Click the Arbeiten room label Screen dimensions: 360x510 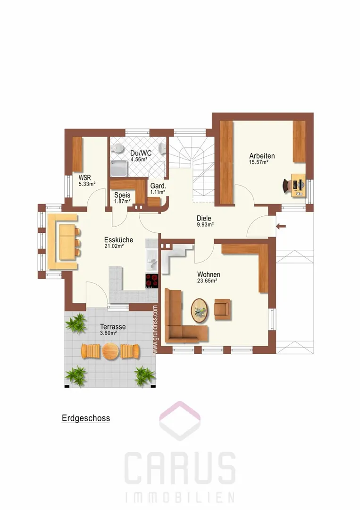262,156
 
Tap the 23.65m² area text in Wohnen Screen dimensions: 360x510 207,280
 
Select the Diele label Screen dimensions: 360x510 204,218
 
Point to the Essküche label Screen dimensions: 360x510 118,240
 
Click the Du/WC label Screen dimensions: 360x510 141,153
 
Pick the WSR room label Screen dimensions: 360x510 84,178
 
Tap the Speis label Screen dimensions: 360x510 122,195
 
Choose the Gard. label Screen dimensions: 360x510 158,187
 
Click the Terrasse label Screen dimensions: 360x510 113,327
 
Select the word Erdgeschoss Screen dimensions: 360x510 86,418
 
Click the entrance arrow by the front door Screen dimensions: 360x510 281,226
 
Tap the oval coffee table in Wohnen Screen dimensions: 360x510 200,311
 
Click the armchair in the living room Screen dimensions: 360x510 223,309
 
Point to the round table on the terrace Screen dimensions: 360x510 110,351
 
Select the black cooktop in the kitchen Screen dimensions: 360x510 152,280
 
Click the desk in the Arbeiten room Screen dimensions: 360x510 299,185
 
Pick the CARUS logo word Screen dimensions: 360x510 180,468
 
